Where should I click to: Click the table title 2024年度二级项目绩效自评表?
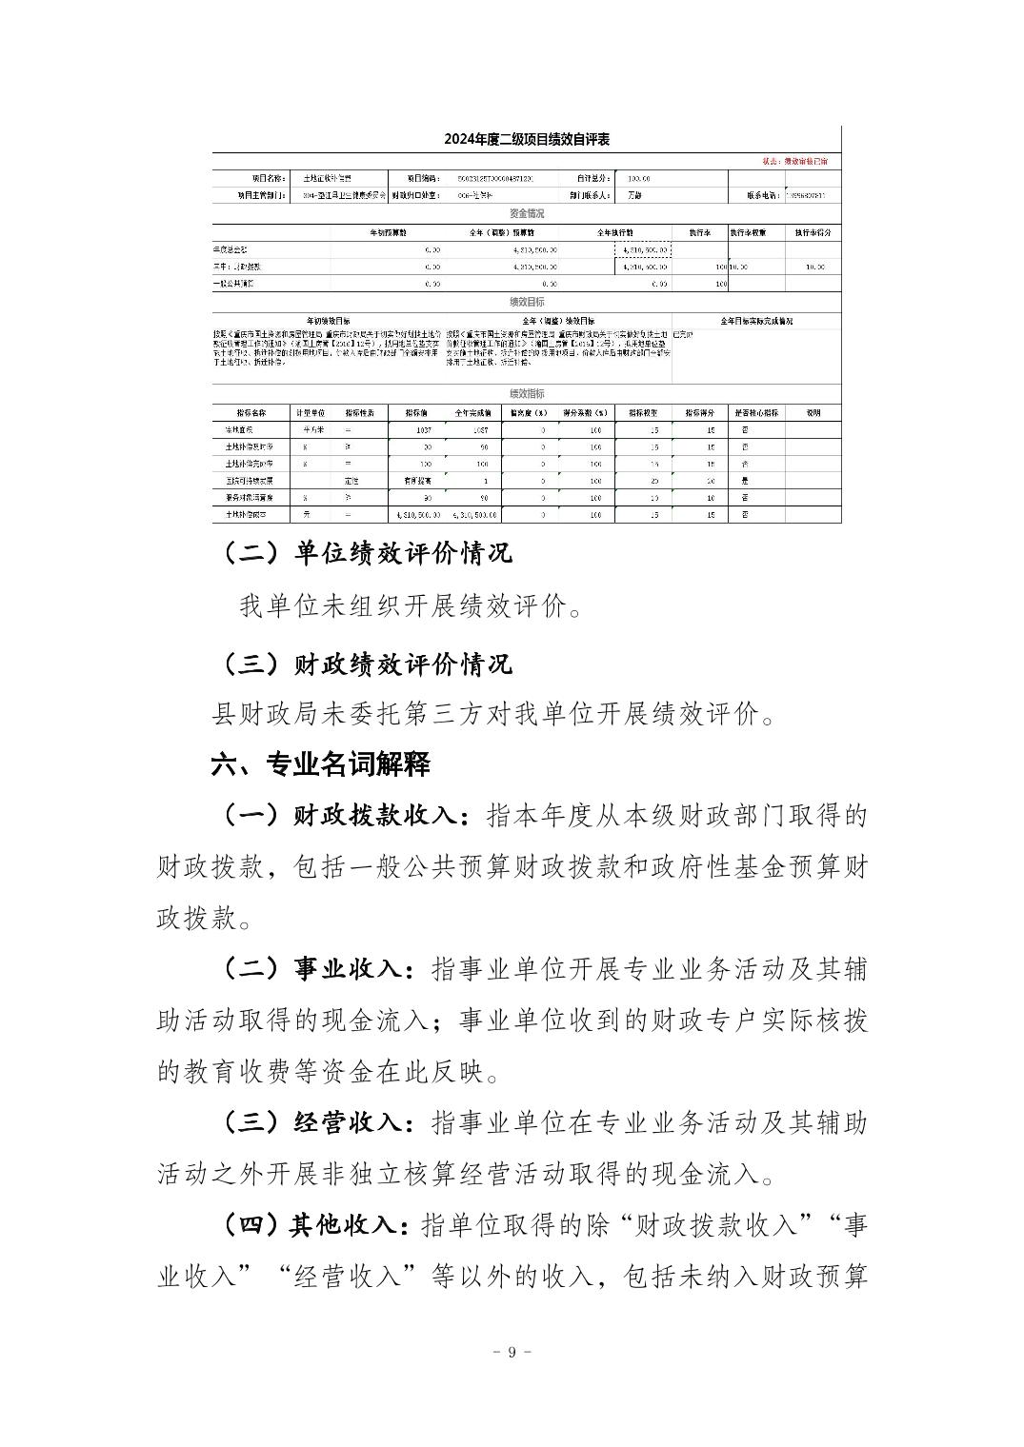click(x=526, y=139)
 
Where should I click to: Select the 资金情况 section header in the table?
click(x=527, y=214)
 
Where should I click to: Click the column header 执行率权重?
click(x=756, y=232)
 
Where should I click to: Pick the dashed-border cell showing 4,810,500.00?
click(x=645, y=249)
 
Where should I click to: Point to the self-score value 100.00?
click(x=633, y=178)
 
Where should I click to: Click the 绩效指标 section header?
click(x=527, y=394)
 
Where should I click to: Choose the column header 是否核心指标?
click(x=756, y=413)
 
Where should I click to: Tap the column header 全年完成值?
click(x=473, y=413)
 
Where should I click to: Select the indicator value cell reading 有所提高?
click(x=415, y=481)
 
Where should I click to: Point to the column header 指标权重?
click(x=643, y=413)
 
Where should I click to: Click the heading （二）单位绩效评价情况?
click(x=367, y=553)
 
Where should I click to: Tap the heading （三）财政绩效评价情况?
click(x=367, y=663)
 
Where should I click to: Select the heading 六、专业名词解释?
click(x=321, y=763)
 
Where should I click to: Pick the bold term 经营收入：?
click(x=351, y=1122)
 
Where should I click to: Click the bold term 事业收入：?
click(x=351, y=970)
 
